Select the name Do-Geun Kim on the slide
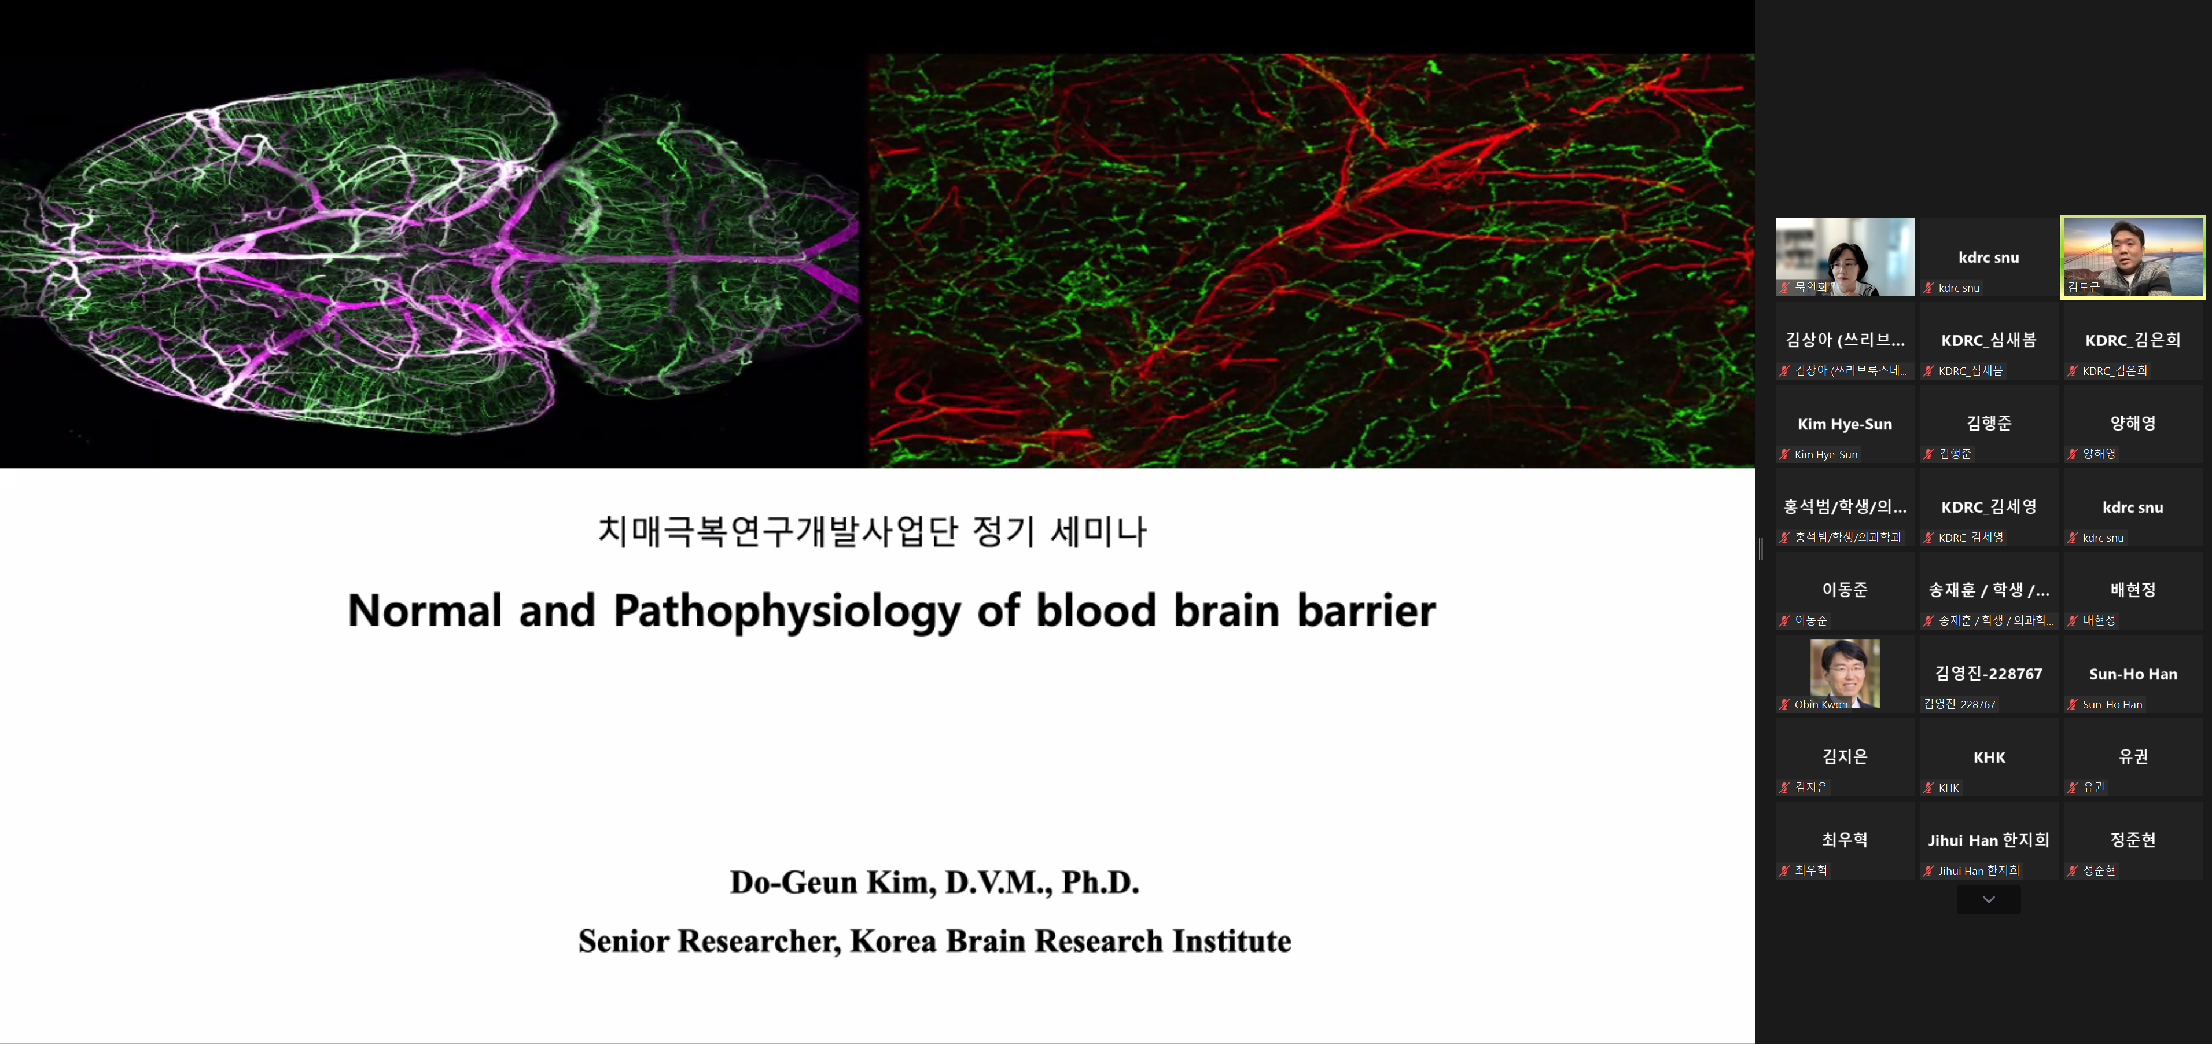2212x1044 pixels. [832, 883]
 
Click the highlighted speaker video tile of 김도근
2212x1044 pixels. [2132, 257]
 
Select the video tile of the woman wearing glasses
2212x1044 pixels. [1845, 257]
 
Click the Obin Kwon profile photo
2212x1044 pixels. [1845, 673]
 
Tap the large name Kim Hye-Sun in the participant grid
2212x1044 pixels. [1845, 424]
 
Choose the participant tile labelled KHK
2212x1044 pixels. [1989, 757]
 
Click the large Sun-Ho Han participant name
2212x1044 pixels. [2133, 674]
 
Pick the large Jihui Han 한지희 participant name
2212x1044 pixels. [1989, 840]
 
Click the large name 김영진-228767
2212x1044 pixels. [1989, 674]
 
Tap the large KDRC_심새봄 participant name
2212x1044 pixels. [1989, 340]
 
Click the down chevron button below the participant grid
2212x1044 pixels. [1989, 899]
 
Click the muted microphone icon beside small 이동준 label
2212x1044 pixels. [1784, 620]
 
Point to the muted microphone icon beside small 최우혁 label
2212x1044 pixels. [1784, 870]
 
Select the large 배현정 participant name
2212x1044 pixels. [2133, 590]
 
